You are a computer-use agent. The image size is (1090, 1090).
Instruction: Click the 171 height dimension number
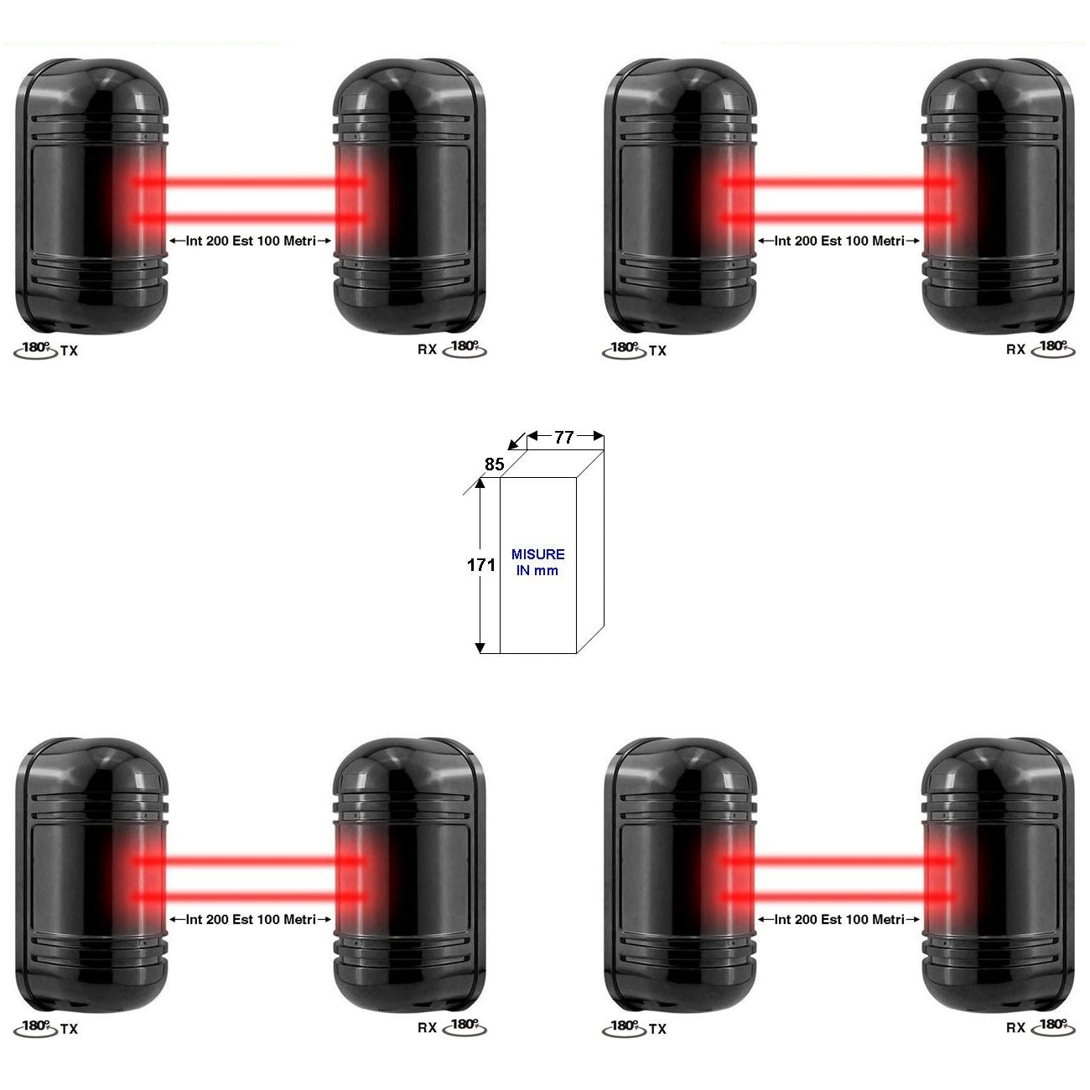click(x=480, y=565)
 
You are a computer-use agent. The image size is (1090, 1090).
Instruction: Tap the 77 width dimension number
click(x=564, y=437)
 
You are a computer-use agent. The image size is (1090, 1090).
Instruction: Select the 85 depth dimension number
click(x=495, y=464)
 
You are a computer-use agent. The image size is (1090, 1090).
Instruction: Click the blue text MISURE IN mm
click(x=537, y=563)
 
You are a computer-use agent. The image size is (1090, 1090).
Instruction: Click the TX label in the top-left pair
click(x=70, y=351)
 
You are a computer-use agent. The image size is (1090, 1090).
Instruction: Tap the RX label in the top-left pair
click(x=427, y=350)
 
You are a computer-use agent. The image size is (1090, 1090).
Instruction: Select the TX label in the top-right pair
click(x=658, y=351)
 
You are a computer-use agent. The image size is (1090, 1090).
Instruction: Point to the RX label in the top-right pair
click(x=1015, y=350)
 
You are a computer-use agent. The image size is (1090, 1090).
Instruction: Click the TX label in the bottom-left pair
click(x=70, y=1029)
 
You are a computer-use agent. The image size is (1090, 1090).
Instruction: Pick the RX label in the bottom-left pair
click(x=427, y=1028)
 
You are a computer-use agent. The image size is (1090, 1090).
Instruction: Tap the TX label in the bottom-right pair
click(x=658, y=1029)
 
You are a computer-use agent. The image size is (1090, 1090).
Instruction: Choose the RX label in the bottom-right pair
click(x=1015, y=1028)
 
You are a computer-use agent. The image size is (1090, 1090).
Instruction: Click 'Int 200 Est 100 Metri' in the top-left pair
click(x=251, y=241)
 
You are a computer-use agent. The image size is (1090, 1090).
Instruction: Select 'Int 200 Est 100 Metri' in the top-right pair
click(x=839, y=241)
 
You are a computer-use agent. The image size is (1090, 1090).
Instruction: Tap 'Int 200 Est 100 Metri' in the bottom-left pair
click(x=251, y=920)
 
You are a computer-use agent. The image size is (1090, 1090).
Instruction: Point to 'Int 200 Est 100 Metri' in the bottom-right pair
click(x=839, y=920)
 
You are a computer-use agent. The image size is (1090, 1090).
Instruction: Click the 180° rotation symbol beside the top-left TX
click(x=36, y=350)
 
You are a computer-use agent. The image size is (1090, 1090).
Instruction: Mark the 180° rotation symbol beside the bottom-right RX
click(x=1053, y=1026)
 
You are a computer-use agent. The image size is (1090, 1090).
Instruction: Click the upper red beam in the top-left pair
click(x=250, y=181)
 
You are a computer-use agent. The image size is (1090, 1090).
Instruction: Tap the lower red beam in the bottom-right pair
click(x=838, y=897)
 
